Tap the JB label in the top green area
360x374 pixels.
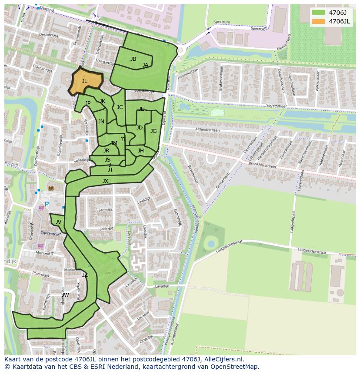[133, 59]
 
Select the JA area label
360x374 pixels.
[145, 65]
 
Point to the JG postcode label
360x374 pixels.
[153, 131]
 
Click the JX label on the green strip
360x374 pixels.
[105, 181]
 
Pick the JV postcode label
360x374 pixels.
[58, 222]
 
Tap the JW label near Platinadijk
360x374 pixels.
[65, 295]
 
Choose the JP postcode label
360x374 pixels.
[88, 103]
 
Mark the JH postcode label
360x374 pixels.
[140, 151]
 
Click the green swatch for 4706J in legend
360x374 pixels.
[318, 13]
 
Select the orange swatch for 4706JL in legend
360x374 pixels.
[318, 21]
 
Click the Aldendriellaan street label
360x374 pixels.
[208, 129]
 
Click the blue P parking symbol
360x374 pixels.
[47, 204]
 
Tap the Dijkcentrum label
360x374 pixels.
[51, 234]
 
